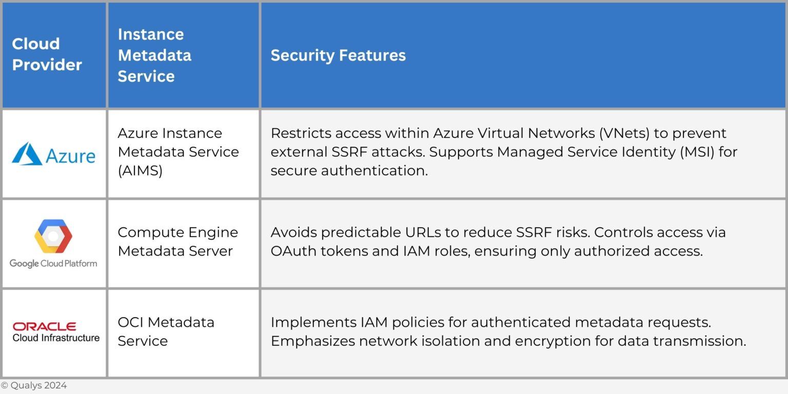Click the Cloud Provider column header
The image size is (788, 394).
coord(47,54)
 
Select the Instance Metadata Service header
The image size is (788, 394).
coord(154,55)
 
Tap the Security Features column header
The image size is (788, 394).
coord(338,55)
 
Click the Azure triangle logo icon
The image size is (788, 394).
coord(27,154)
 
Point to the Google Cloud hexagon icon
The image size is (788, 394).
coord(53,237)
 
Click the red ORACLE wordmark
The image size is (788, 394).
coord(45,326)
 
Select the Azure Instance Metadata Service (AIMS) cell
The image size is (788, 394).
coord(178,152)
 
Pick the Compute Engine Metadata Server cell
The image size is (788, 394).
coord(178,242)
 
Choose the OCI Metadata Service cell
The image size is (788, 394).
coord(166,331)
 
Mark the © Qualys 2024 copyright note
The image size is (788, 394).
coord(34,386)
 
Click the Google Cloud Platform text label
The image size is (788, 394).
coord(53,264)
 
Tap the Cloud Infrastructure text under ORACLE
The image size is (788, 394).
coord(56,338)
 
